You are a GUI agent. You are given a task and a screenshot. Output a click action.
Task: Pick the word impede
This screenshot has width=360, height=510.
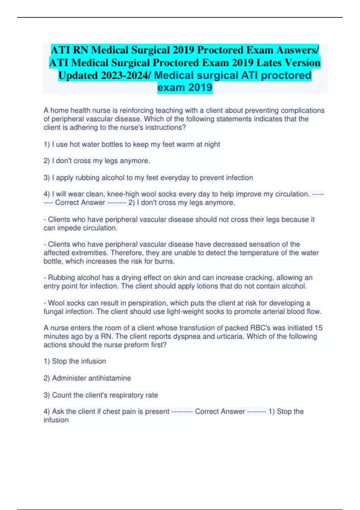coord(68,228)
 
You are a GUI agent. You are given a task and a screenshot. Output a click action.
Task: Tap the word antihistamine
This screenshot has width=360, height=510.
coord(111,378)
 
